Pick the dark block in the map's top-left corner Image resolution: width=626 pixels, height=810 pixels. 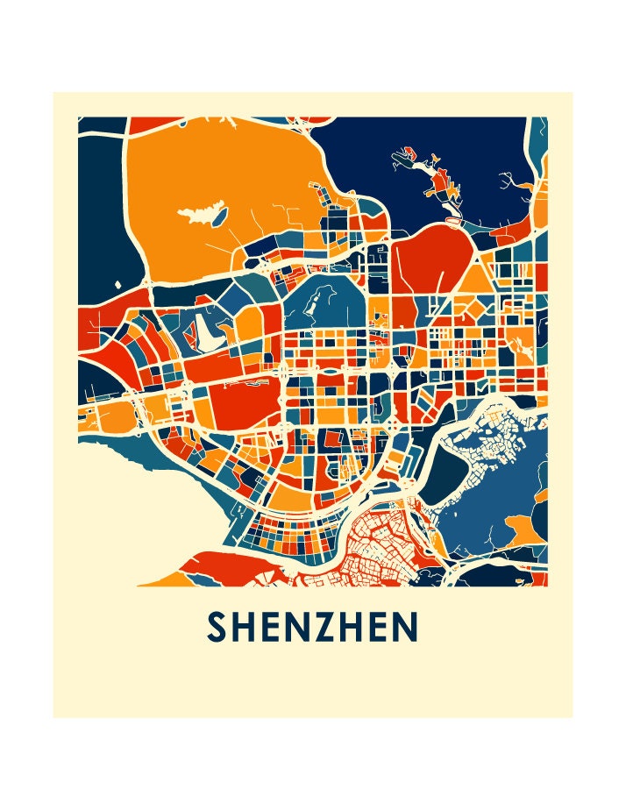101,127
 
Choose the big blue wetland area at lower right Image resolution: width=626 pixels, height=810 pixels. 509,491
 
